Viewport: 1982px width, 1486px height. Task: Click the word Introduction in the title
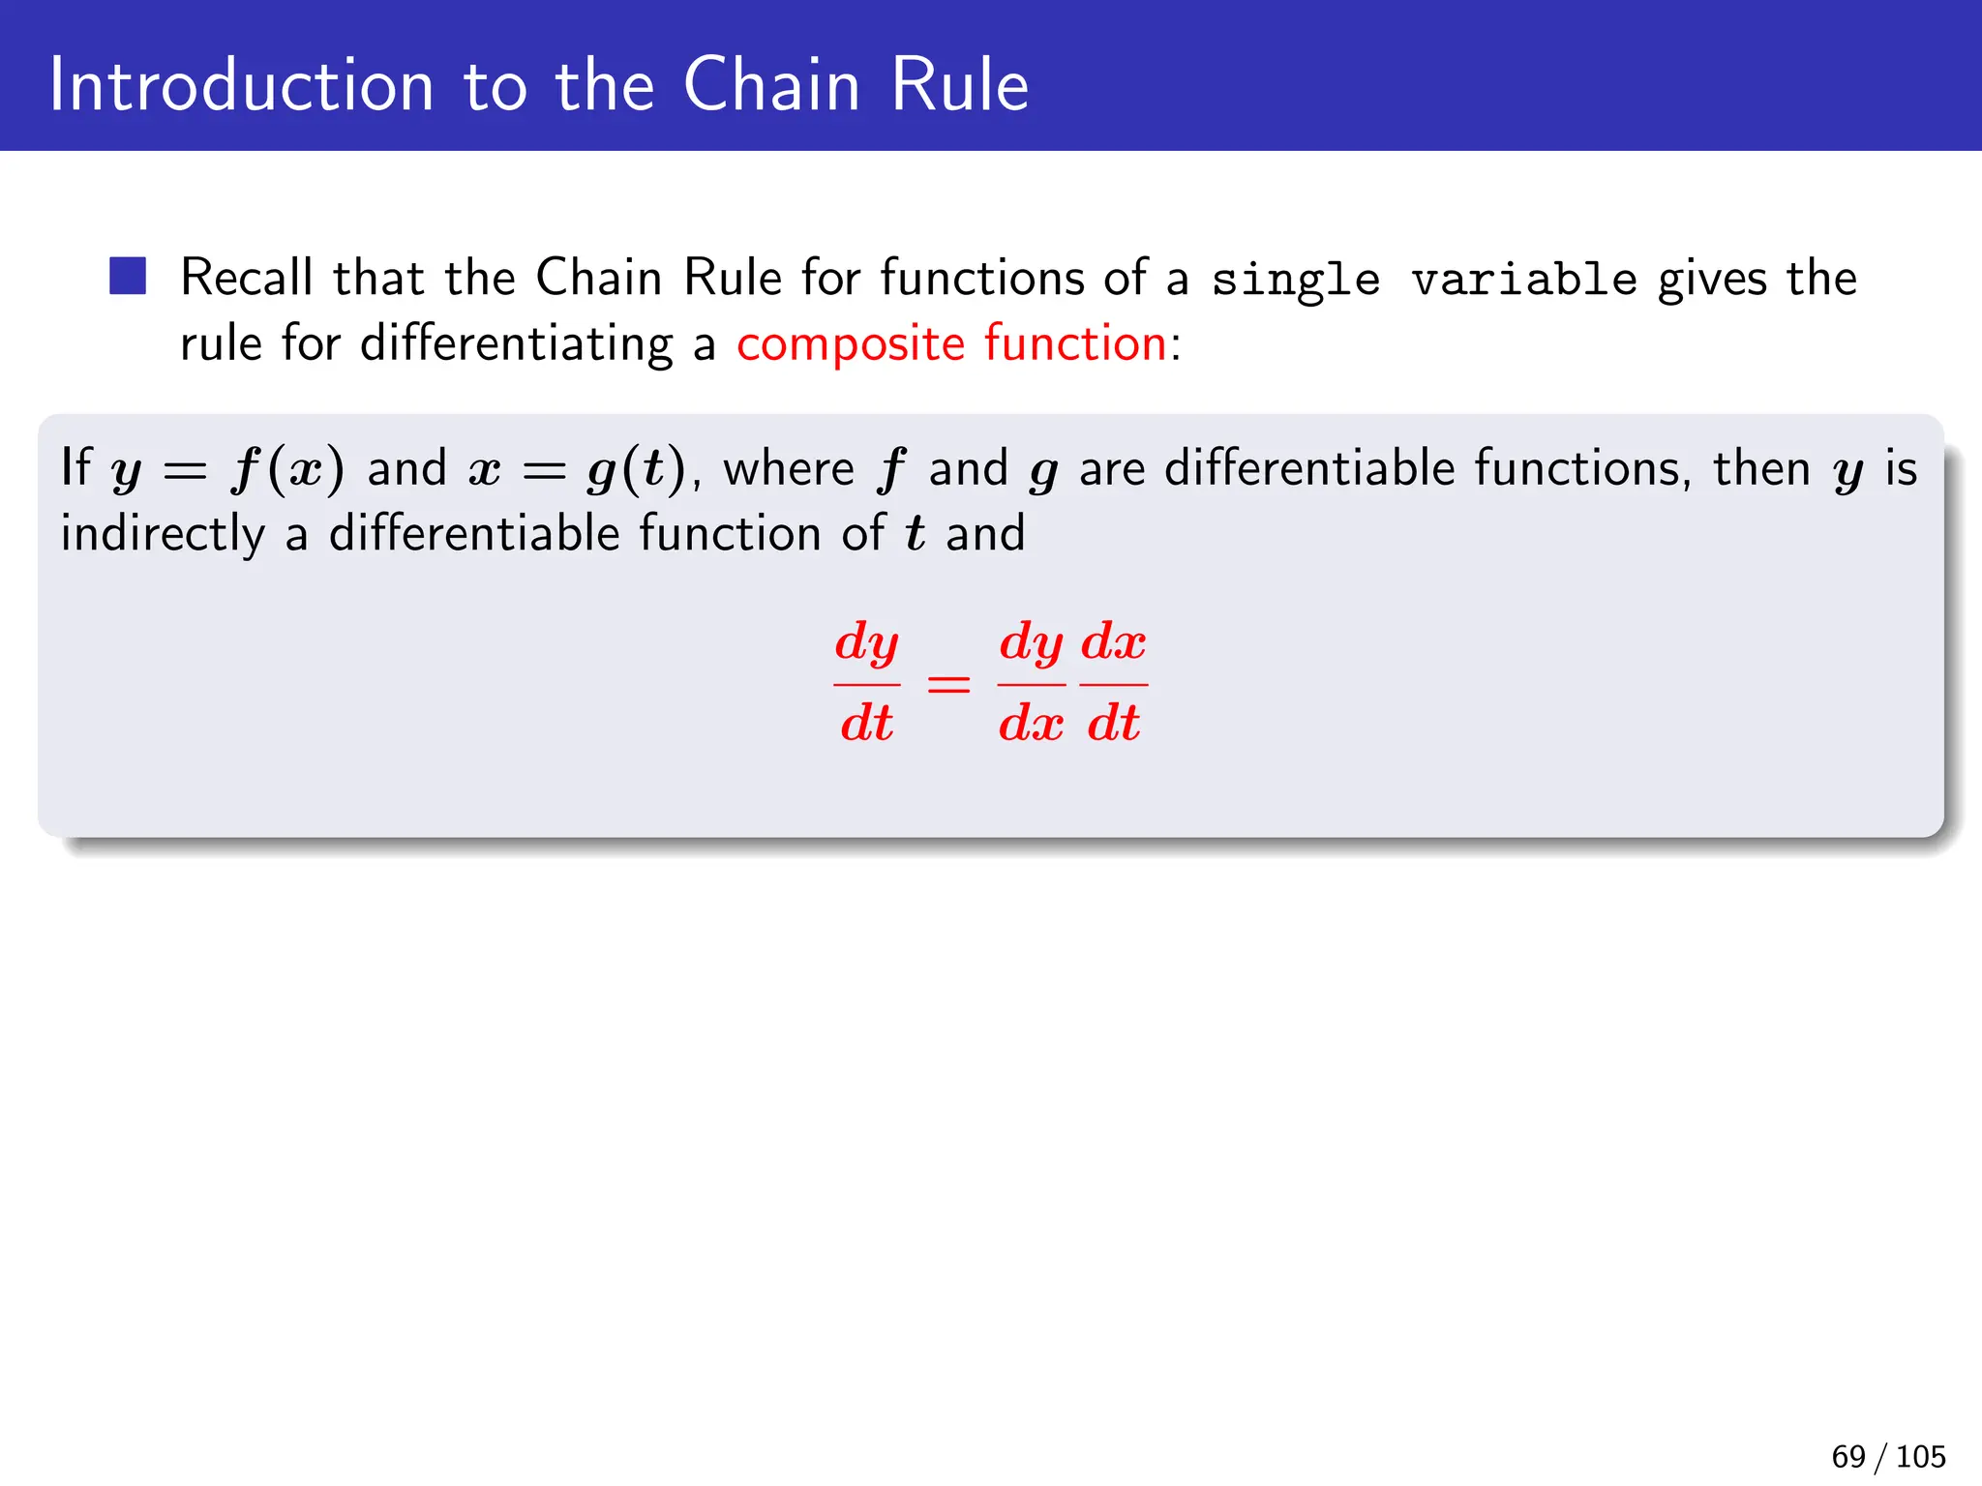241,86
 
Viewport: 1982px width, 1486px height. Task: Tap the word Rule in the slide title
959,86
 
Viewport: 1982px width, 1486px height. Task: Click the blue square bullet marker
128,276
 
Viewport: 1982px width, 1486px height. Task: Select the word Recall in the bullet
247,278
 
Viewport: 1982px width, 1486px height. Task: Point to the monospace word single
1296,281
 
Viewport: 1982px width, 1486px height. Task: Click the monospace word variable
1524,280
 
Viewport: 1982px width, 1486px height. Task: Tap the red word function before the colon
1075,343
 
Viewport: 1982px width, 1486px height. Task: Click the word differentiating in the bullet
516,344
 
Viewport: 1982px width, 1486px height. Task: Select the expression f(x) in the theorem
287,470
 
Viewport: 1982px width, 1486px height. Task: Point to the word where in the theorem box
789,469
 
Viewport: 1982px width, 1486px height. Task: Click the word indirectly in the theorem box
163,535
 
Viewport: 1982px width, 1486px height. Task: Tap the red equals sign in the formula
948,685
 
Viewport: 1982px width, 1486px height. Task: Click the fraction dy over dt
867,683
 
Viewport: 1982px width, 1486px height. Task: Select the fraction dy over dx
1032,683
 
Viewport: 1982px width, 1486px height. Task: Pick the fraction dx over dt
1114,683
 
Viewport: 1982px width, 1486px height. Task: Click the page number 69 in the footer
1848,1456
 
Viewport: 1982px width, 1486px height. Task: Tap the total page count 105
1921,1456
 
